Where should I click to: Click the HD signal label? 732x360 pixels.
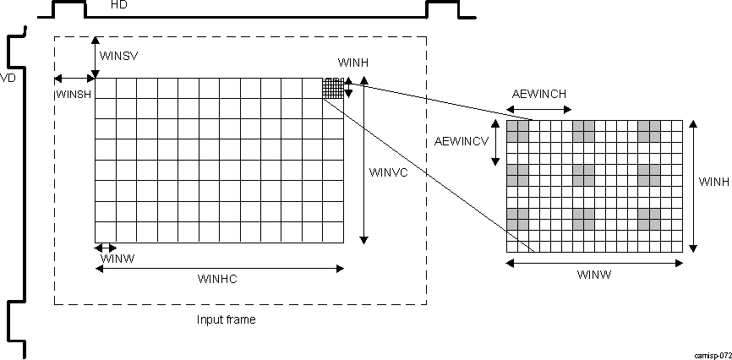click(120, 5)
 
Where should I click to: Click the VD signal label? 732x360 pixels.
click(8, 77)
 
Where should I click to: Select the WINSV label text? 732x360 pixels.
click(118, 56)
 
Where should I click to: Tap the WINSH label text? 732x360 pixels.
click(74, 94)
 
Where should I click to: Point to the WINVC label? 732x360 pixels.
click(389, 172)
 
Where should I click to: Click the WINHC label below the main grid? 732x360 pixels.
click(217, 279)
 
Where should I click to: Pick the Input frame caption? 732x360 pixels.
click(226, 319)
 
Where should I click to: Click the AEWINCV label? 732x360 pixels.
click(462, 139)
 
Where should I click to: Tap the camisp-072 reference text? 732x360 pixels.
click(711, 356)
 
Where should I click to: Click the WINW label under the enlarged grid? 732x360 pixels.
click(594, 275)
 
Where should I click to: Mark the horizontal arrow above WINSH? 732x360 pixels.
click(74, 79)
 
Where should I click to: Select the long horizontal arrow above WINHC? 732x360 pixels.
click(220, 269)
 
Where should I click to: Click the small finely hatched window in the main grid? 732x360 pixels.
click(334, 88)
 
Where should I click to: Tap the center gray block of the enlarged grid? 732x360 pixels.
click(583, 175)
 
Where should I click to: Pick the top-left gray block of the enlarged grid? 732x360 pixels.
click(517, 131)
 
